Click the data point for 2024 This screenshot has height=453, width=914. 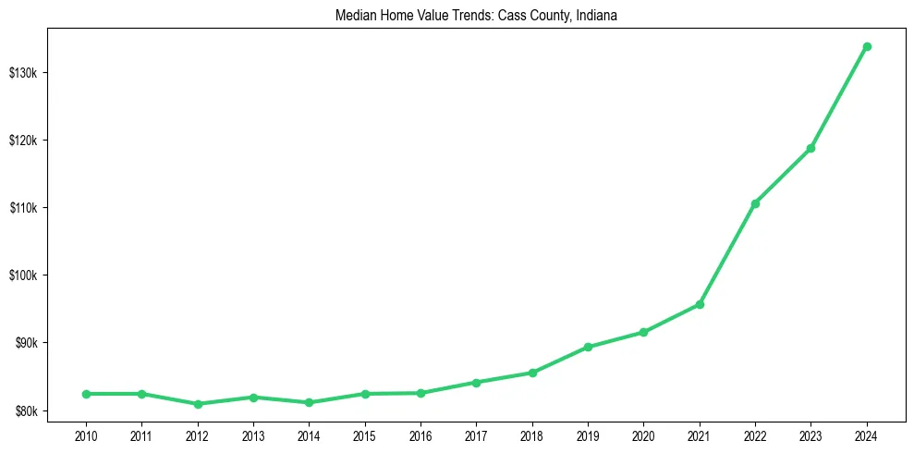tap(867, 46)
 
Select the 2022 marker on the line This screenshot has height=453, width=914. tap(755, 203)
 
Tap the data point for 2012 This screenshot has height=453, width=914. tap(197, 404)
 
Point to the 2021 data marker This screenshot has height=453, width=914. tap(700, 304)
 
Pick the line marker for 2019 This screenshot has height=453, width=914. tap(588, 347)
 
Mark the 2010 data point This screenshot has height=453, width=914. tap(86, 394)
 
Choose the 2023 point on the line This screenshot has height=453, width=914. tap(810, 148)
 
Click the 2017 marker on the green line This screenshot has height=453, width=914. tap(476, 382)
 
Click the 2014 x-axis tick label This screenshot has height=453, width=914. tap(309, 434)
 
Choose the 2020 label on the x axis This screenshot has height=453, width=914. tap(643, 434)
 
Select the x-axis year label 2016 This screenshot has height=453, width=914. tap(420, 434)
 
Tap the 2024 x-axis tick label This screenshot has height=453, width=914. tap(867, 434)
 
